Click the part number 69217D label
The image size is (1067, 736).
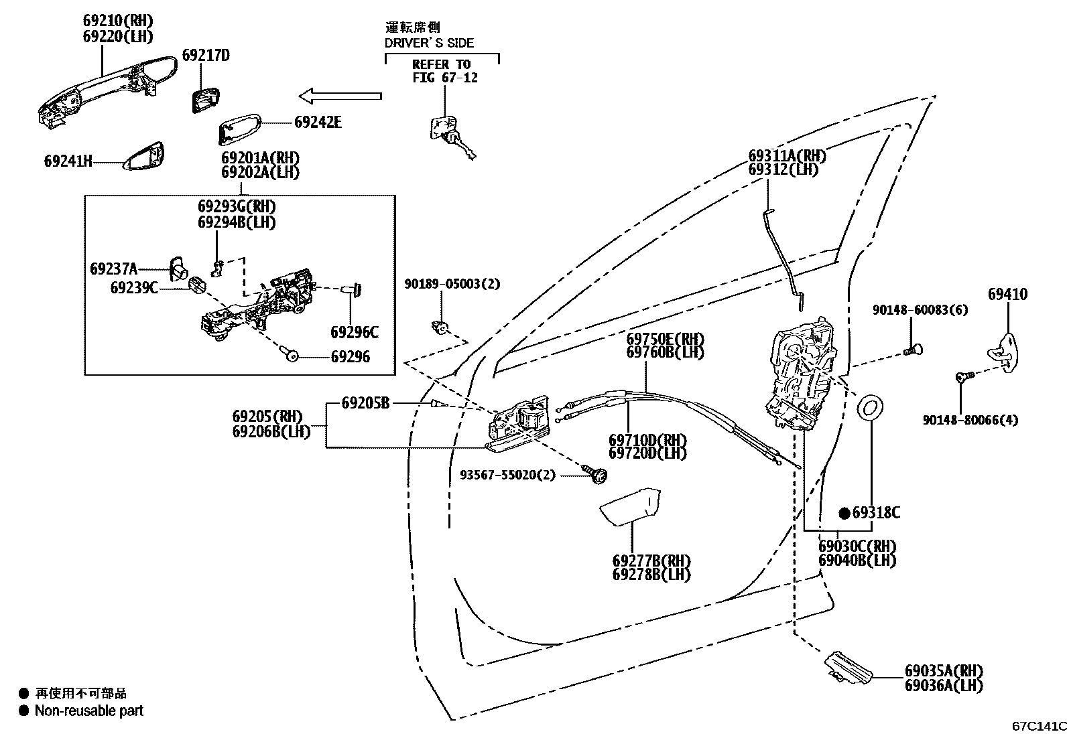click(x=206, y=55)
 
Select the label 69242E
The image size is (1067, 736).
click(x=318, y=122)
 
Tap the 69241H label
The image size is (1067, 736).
click(x=68, y=161)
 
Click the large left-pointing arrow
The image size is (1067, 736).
click(x=340, y=96)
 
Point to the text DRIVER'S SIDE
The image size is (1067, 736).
click(x=429, y=43)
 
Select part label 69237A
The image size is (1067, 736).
click(x=113, y=269)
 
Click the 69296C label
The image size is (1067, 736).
click(x=354, y=332)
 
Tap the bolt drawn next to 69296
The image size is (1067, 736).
click(x=292, y=356)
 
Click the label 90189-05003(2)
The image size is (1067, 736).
click(x=452, y=283)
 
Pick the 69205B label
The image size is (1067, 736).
click(x=365, y=402)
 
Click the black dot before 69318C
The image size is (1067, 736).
click(x=845, y=513)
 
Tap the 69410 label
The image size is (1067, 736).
click(x=1007, y=294)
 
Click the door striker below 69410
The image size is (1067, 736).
click(x=1003, y=350)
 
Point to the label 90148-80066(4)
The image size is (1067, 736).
click(x=970, y=420)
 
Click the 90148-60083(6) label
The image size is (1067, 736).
click(x=920, y=310)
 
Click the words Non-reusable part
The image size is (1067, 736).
click(x=89, y=711)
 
